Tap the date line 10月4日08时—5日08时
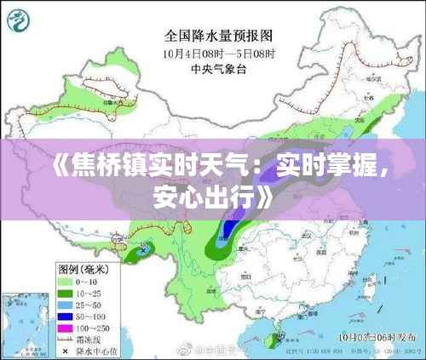coord(219,53)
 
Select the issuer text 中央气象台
coord(219,68)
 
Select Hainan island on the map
coord(274,340)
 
